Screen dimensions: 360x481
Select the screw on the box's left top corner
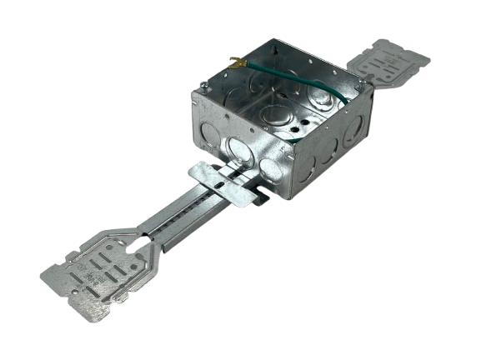[x=204, y=85]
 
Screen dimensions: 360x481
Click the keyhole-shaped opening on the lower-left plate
[x=140, y=242]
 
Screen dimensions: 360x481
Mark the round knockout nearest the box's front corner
[x=270, y=169]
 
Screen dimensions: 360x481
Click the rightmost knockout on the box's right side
[x=353, y=129]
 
